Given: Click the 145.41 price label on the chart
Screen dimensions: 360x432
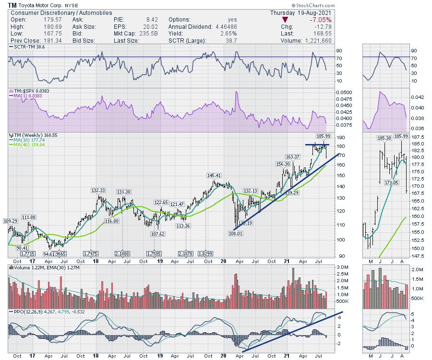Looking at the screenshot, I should [214, 175].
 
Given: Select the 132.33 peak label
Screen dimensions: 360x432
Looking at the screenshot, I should [98, 191].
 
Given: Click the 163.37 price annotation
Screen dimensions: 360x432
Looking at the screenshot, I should [292, 156].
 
